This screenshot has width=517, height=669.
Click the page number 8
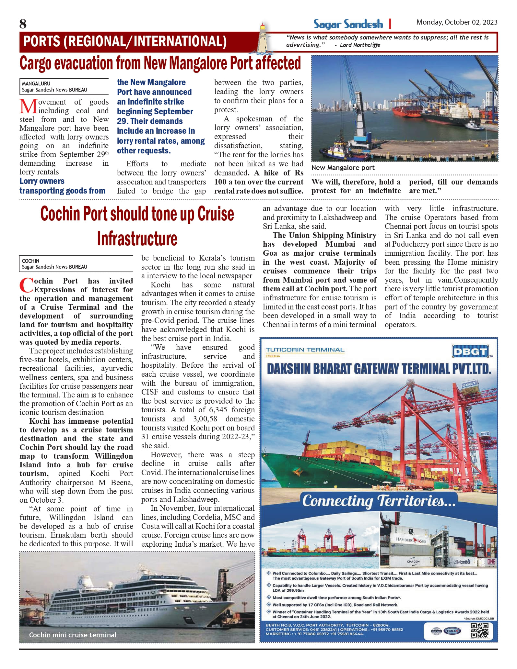click(23, 24)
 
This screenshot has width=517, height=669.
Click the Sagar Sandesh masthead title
click(348, 24)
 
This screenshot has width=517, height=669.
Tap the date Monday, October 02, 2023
click(457, 22)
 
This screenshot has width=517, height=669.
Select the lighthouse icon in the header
click(262, 39)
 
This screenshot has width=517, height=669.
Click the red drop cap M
click(28, 106)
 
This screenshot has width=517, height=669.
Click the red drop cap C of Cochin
click(26, 285)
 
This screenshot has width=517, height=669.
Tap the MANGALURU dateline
click(36, 84)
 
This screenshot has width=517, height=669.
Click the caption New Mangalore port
click(343, 168)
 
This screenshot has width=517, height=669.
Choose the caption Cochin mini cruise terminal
click(73, 635)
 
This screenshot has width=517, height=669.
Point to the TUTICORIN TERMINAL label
click(305, 350)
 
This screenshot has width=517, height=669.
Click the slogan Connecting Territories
click(379, 501)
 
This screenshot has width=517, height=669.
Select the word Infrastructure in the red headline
click(137, 239)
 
